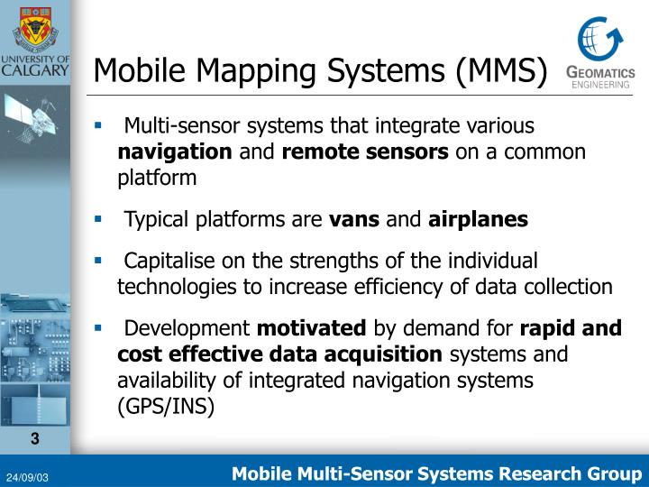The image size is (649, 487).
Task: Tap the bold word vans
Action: coord(354,218)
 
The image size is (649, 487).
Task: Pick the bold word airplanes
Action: coord(478,218)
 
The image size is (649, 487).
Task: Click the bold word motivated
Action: coord(312,327)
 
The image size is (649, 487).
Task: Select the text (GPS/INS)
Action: coord(166,406)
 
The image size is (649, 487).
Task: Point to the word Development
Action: coord(187,327)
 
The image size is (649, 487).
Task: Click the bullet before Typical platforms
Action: coord(99,217)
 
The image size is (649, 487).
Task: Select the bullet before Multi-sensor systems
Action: coord(99,124)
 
